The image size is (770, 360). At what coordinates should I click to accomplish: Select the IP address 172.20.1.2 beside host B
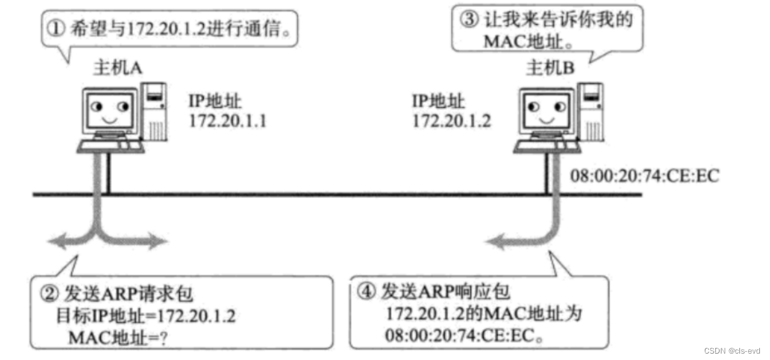[x=451, y=121]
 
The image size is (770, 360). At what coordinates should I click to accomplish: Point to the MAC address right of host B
[x=644, y=176]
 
